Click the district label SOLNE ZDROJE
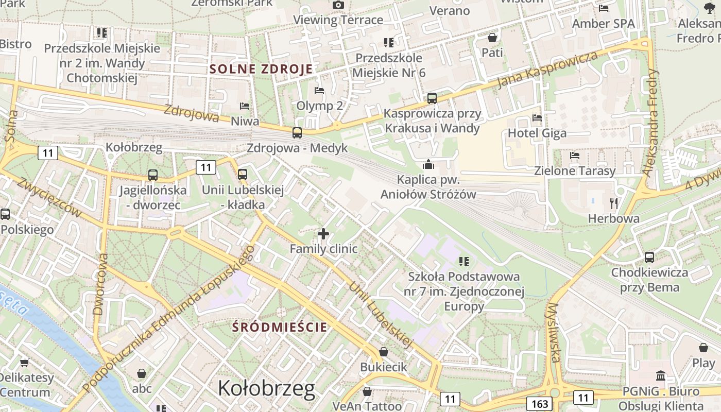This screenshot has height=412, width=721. tap(261, 69)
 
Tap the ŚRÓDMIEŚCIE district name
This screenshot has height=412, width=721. tap(280, 327)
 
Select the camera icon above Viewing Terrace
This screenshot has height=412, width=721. tap(338, 5)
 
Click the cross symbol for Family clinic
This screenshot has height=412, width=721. tap(323, 234)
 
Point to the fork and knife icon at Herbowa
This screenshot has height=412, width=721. tap(613, 203)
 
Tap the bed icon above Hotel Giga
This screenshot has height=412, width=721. tap(537, 118)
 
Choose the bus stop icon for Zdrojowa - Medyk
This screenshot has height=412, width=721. tap(297, 133)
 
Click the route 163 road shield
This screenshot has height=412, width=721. tap(539, 404)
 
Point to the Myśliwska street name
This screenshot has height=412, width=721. tap(554, 332)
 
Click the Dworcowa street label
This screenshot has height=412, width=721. tap(100, 284)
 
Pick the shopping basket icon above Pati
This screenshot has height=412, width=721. tap(492, 38)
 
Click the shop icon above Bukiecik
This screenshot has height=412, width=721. tap(383, 352)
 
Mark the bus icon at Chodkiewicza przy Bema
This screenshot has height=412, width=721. tap(649, 257)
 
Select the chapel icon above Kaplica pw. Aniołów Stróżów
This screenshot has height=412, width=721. tap(428, 165)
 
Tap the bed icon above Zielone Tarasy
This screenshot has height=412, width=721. tap(575, 156)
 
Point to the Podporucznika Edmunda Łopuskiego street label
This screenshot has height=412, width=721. tap(170, 317)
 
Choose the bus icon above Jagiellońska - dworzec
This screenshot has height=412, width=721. tap(152, 175)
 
